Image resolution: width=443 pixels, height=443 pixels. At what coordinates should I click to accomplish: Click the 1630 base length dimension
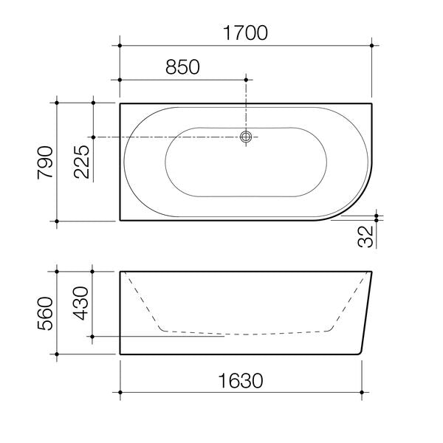click(241, 380)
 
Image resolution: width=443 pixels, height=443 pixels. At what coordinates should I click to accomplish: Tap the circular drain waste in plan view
click(247, 137)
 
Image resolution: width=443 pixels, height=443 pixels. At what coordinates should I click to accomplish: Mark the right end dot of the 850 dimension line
click(247, 78)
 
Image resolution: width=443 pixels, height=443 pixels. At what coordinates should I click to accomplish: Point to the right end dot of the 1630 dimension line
click(362, 391)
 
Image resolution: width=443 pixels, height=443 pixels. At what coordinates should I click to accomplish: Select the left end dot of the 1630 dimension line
click(120, 391)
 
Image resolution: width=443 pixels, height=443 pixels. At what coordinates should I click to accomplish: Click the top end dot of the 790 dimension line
click(58, 103)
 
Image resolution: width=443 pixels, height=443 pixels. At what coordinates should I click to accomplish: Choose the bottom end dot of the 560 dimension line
click(58, 355)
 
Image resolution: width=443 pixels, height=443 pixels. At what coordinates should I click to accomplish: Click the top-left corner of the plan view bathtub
click(120, 104)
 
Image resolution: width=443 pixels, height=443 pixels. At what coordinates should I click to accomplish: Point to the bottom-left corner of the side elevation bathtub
click(120, 355)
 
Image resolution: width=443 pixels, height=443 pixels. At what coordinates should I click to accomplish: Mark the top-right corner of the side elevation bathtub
click(372, 272)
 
